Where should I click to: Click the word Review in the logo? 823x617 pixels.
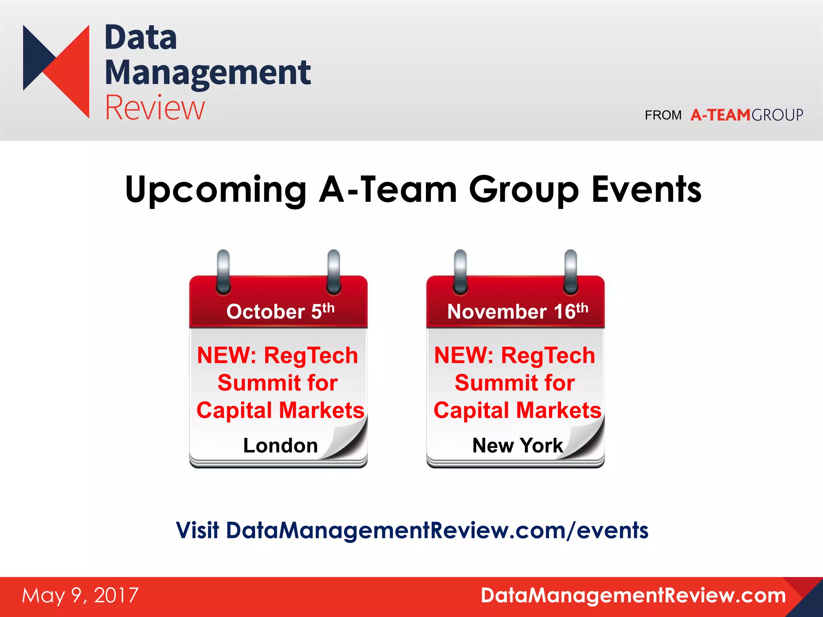(155, 108)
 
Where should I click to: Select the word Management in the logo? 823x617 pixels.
(207, 73)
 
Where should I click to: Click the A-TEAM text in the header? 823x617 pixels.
(720, 115)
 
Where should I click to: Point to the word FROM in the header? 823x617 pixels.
(663, 116)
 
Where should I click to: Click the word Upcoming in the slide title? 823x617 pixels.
(216, 190)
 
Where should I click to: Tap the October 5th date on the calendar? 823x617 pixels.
(280, 311)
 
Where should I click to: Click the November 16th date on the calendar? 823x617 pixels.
(517, 311)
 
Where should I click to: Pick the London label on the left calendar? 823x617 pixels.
(280, 445)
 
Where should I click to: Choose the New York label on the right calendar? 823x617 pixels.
(517, 445)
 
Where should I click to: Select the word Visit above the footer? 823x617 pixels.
(197, 530)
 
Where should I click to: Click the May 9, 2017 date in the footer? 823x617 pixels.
(80, 595)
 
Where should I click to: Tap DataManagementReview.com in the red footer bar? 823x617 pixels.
(633, 595)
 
